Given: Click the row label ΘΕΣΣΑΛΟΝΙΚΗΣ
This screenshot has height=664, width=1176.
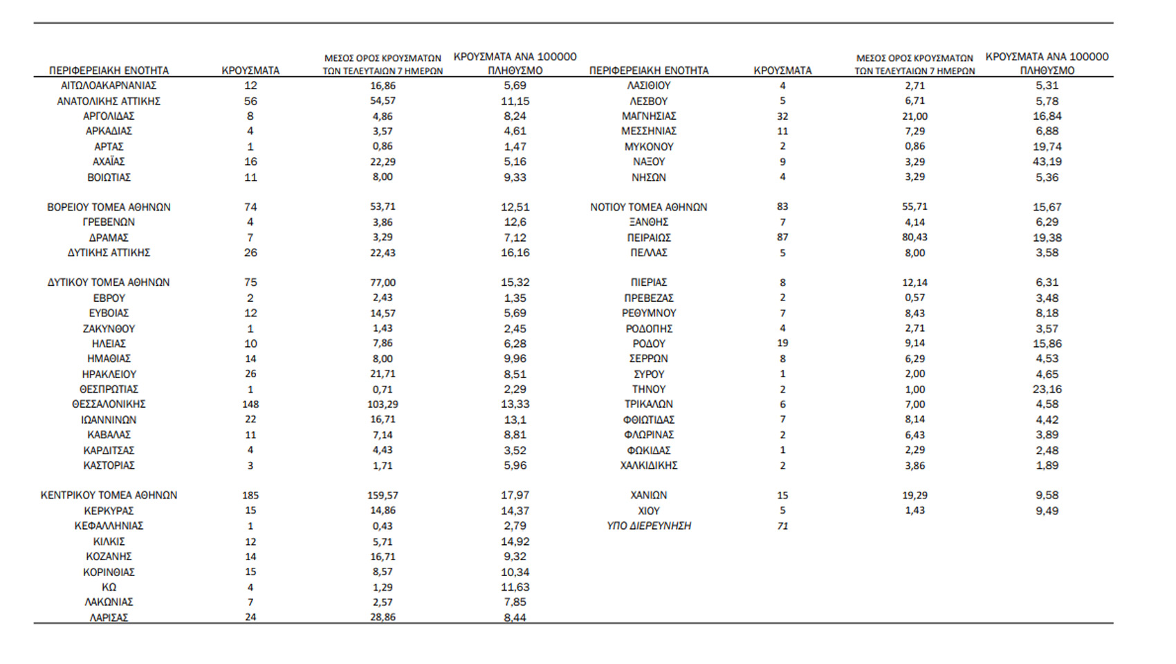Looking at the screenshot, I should (109, 404).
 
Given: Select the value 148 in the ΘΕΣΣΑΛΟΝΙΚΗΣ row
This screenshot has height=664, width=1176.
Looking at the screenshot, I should (250, 404).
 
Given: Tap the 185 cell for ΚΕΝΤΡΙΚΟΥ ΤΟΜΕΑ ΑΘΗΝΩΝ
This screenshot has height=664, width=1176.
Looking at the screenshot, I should (250, 495).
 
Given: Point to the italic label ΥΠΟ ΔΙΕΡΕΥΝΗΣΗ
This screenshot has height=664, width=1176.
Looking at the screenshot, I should (648, 526).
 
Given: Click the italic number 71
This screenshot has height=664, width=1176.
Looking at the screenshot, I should (782, 526).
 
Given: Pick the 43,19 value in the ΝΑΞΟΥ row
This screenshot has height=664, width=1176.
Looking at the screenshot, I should (1047, 161).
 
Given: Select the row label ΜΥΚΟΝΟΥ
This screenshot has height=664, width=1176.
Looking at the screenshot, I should (648, 146).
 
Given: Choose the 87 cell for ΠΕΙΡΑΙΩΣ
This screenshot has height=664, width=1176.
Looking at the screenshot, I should (782, 237).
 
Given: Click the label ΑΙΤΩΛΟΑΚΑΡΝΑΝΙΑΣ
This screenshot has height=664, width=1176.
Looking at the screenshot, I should (109, 85).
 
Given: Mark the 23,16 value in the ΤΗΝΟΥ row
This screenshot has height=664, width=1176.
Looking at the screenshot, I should (1047, 389).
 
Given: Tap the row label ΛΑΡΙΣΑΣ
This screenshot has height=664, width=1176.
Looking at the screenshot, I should (109, 617).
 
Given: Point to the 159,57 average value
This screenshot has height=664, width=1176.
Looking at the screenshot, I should (383, 495).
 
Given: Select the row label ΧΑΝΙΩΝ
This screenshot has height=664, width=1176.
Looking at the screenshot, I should (648, 495).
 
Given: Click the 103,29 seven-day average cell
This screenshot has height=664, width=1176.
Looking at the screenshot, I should (383, 404).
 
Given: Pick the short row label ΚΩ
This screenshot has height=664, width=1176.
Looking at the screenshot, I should (109, 587).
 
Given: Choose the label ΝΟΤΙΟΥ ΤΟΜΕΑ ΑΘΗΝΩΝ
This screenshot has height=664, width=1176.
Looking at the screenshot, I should (648, 207).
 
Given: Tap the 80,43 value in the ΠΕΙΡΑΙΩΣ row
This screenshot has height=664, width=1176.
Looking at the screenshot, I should (915, 237).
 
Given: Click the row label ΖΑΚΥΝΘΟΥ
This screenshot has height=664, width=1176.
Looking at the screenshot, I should (109, 328).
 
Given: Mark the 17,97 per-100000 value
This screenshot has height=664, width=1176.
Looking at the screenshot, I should (515, 495).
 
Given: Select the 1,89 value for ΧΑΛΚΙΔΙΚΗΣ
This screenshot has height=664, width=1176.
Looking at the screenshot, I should (1047, 465).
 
